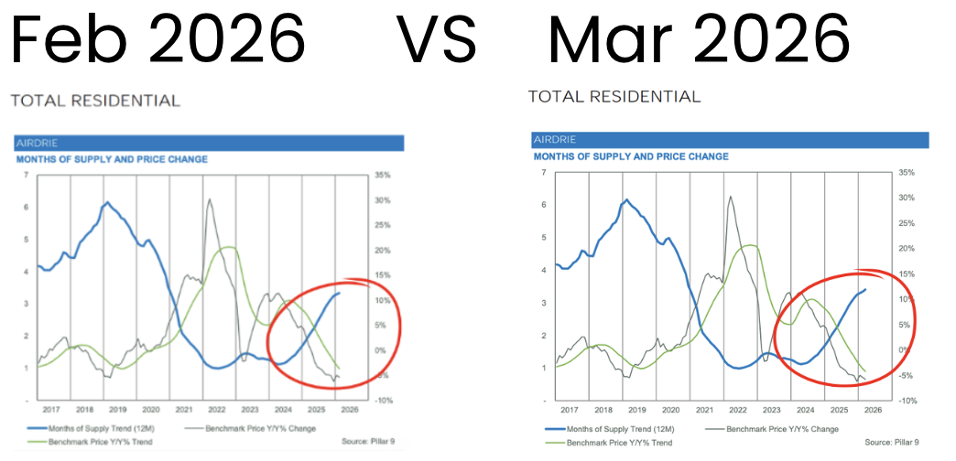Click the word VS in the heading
pos(437,38)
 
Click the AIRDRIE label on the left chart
pos(35,143)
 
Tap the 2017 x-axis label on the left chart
pos(52,410)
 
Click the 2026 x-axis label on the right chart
pos(873,411)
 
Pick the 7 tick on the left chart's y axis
pos(26,175)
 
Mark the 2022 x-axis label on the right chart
pos(738,411)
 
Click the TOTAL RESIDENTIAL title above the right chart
pos(614,96)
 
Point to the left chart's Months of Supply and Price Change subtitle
pos(112,159)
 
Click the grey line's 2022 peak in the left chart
pos(210,199)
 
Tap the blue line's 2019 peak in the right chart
pos(627,199)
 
